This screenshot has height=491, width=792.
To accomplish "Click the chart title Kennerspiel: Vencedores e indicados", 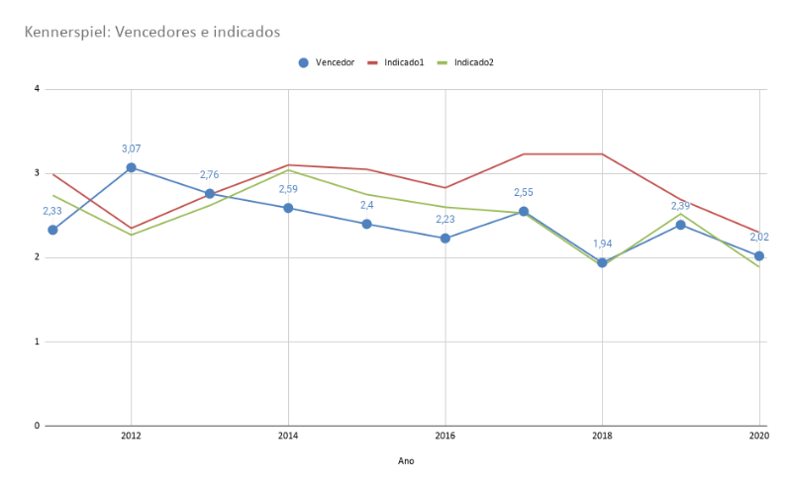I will (x=152, y=33).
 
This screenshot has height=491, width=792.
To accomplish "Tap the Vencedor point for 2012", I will (x=131, y=167).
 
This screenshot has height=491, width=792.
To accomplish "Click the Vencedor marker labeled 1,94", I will (x=602, y=262).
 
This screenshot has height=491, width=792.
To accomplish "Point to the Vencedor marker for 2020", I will (x=759, y=255).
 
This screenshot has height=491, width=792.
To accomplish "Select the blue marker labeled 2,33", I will (x=52, y=230).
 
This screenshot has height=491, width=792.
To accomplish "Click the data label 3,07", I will (x=131, y=148).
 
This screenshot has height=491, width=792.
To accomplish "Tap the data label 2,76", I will (x=210, y=175).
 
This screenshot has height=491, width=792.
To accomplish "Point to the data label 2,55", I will (x=524, y=192).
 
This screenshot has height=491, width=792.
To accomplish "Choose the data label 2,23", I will (x=445, y=220).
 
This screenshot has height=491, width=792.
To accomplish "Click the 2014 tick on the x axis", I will (x=288, y=436).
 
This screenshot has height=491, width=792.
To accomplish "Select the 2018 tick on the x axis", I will (x=602, y=436).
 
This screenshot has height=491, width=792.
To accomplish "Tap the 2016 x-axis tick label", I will (x=445, y=436).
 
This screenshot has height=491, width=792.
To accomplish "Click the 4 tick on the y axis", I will (x=37, y=89).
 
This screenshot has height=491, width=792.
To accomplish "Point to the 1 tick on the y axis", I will (x=37, y=342).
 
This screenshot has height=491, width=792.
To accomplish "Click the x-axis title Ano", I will (x=406, y=461).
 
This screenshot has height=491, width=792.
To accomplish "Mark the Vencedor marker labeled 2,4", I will (x=366, y=224).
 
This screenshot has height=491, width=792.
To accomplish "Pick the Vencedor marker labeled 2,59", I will (x=288, y=208).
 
